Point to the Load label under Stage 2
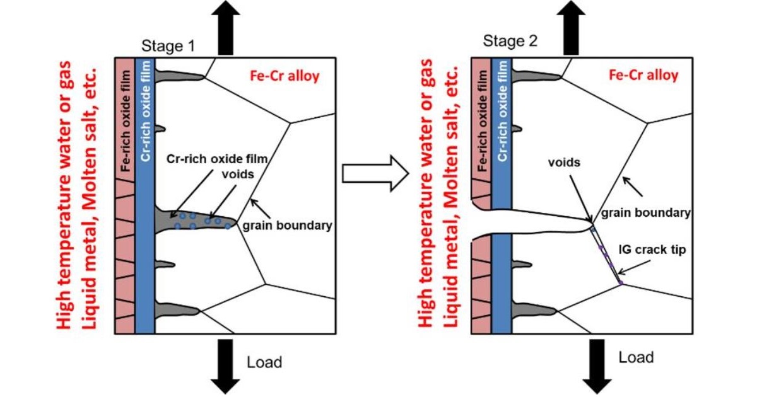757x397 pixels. click(636, 357)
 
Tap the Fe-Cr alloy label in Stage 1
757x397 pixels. click(284, 76)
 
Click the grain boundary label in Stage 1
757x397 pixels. click(287, 225)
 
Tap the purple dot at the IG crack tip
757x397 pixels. click(621, 284)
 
